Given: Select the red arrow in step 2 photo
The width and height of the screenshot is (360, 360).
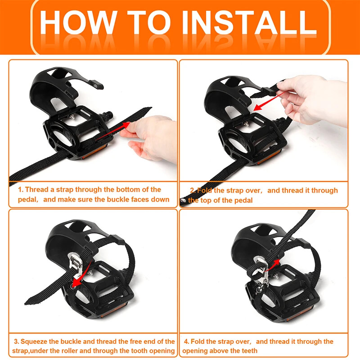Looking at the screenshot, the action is click(x=269, y=101).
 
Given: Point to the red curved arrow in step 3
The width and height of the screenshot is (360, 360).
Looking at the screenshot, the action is click(x=81, y=275).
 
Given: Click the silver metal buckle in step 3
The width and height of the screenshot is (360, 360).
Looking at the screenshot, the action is click(x=76, y=266).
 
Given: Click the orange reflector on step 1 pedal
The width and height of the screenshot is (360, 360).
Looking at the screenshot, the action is click(x=94, y=152).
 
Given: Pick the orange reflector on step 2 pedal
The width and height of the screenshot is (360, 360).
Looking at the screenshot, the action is click(x=269, y=157).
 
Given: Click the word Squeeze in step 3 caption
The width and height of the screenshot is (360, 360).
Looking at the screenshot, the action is click(x=34, y=342).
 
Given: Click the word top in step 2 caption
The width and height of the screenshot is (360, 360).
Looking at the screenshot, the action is click(x=206, y=200).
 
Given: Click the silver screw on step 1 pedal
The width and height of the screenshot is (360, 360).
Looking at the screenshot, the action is click(x=72, y=117).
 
